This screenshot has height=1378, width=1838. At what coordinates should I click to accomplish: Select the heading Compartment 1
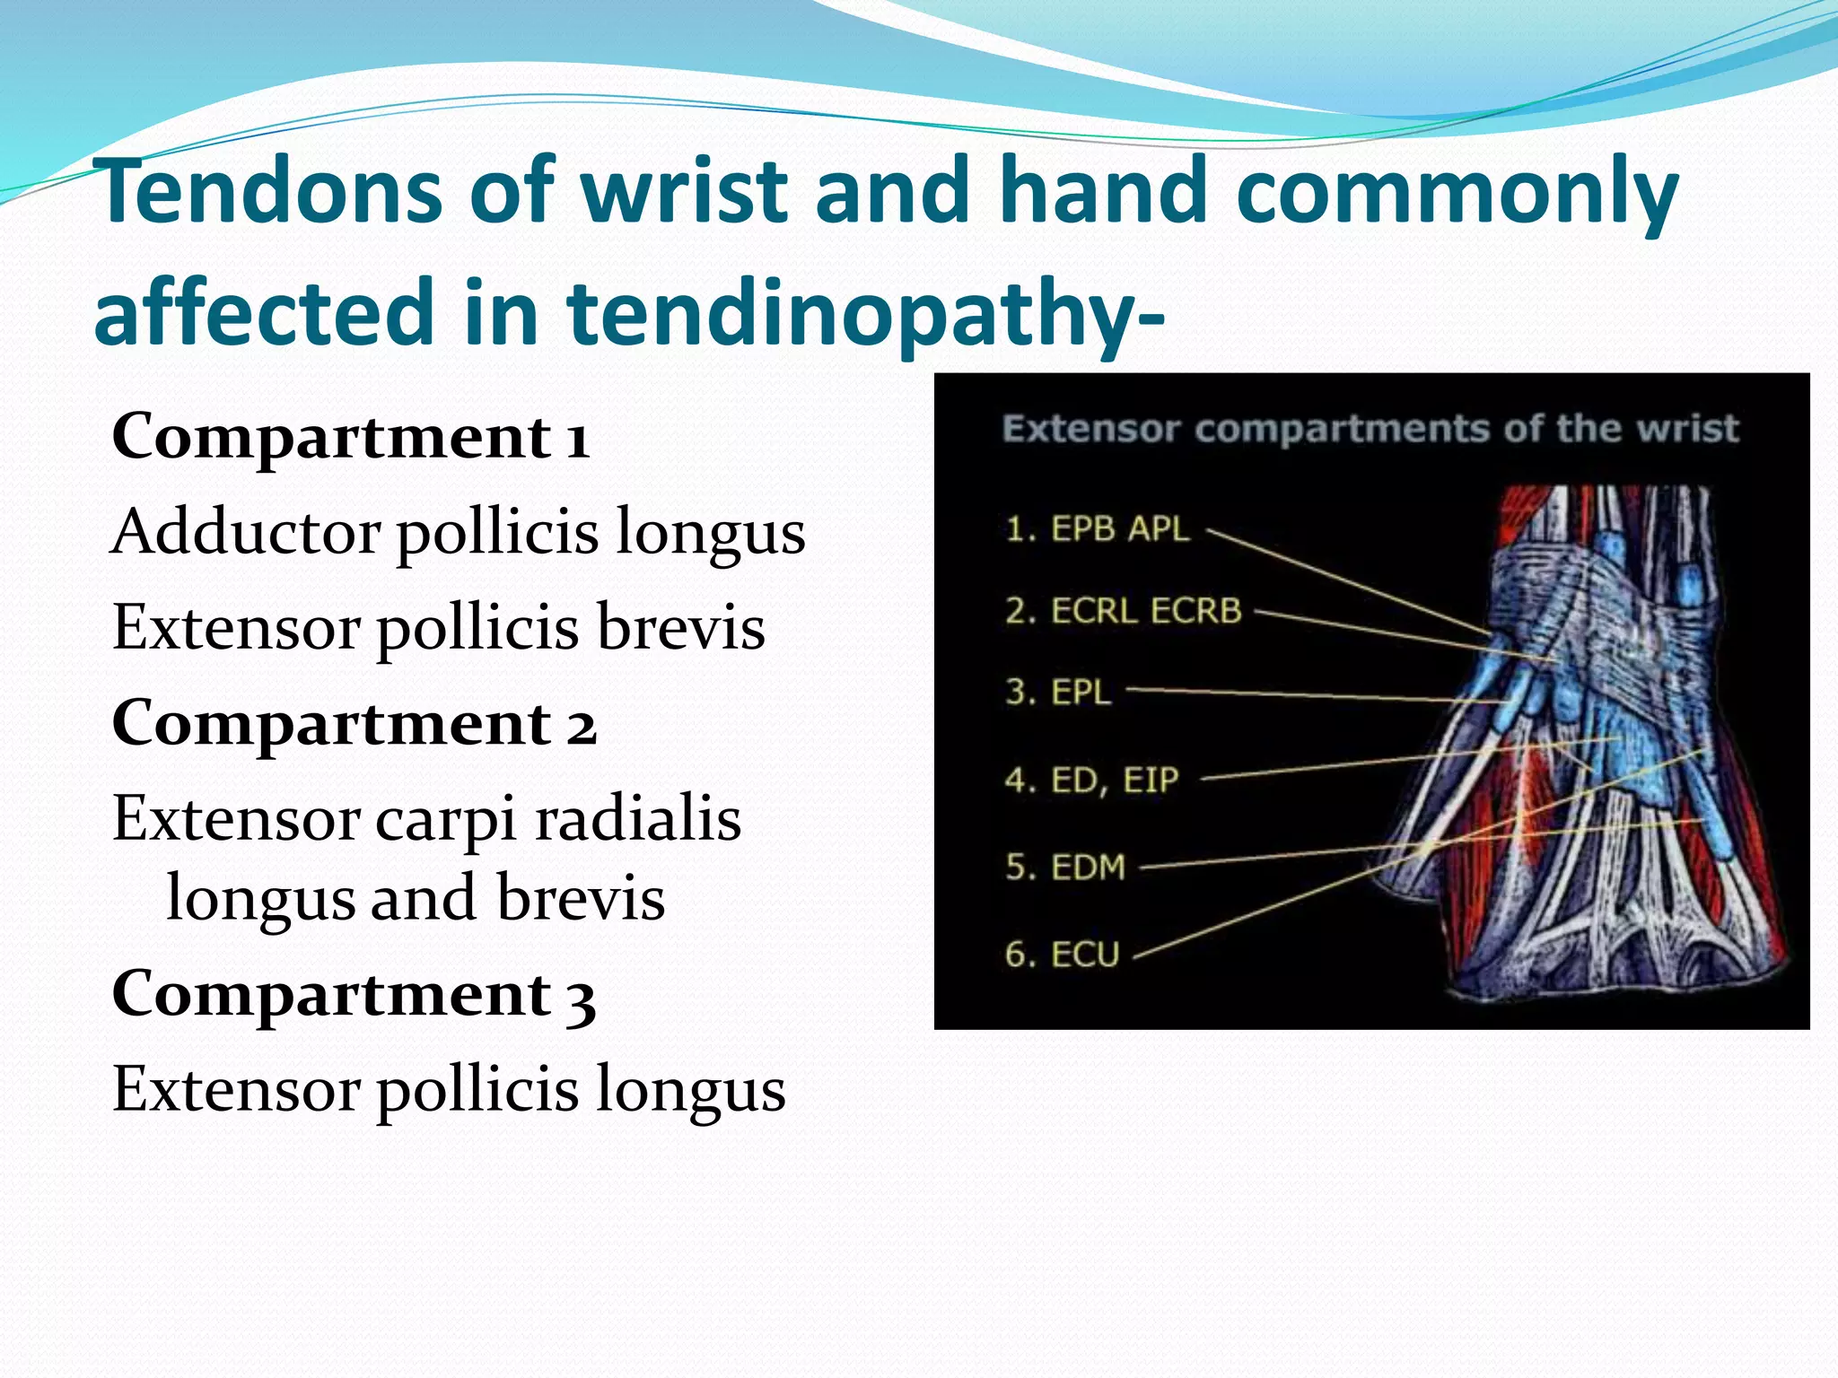[x=350, y=437]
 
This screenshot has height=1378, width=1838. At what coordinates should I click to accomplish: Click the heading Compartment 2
[x=354, y=723]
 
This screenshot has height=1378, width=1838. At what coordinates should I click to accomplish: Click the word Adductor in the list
[x=244, y=532]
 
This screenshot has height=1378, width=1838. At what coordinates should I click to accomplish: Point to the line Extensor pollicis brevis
[x=438, y=627]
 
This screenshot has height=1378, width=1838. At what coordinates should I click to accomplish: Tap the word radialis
[x=637, y=819]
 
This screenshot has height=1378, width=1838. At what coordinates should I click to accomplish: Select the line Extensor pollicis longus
[x=449, y=1090]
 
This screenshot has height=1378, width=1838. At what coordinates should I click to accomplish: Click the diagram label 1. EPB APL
[x=1097, y=529]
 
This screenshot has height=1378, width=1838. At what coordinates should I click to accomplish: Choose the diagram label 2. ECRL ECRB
[x=1123, y=611]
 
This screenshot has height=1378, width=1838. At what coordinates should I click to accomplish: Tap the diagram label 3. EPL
[x=1058, y=692]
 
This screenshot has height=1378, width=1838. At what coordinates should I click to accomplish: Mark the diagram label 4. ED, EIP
[x=1090, y=780]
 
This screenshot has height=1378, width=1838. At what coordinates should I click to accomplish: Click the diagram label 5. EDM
[x=1064, y=867]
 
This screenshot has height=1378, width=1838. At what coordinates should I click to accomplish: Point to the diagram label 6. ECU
[x=1062, y=954]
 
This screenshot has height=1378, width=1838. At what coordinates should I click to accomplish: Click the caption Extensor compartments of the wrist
[x=1370, y=429]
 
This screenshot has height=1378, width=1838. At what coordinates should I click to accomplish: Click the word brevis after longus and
[x=581, y=898]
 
